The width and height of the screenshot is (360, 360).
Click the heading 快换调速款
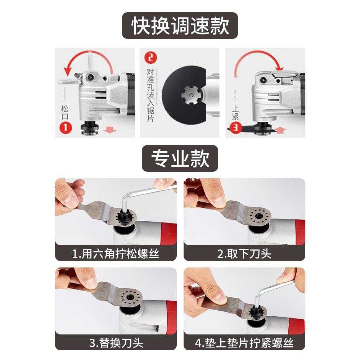pos(180,26)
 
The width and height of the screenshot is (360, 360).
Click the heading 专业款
pos(180,158)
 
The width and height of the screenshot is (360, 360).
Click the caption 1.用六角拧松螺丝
pos(116,254)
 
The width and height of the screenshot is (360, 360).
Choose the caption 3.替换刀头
pos(116,342)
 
